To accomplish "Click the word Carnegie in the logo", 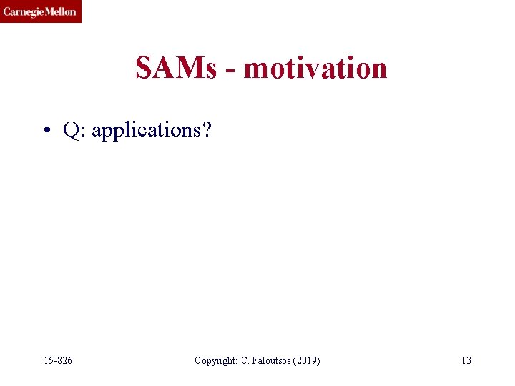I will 21,11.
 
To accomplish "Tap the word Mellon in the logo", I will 59,11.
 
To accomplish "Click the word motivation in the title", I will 315,69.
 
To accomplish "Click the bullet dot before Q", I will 46,131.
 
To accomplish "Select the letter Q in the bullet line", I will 71,130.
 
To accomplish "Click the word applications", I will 146,131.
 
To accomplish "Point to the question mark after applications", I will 207,129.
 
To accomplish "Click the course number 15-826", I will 57,360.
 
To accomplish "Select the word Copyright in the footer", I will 214,360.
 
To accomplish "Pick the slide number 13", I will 466,360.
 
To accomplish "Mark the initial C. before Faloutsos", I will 242,360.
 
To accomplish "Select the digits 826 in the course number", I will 64,360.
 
